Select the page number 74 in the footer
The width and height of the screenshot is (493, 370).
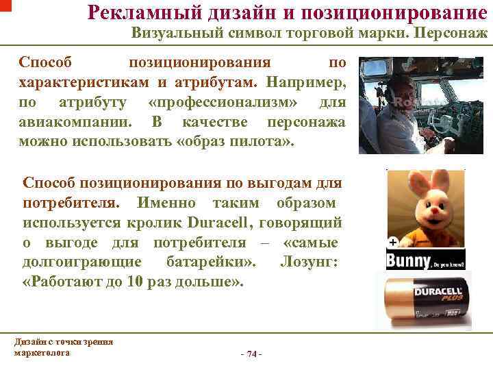(252, 354)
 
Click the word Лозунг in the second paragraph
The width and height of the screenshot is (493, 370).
(312, 262)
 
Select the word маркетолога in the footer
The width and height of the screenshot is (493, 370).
(42, 352)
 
